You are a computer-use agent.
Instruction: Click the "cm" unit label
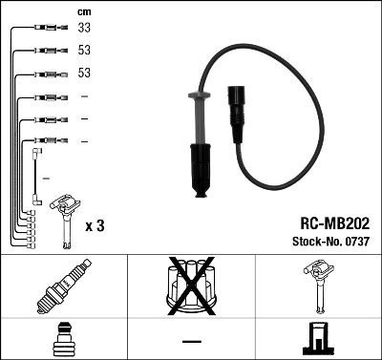(83, 11)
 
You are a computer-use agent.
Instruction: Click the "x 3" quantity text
(95, 226)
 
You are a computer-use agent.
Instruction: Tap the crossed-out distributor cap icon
(191, 286)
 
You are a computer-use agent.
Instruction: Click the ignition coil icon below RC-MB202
(317, 287)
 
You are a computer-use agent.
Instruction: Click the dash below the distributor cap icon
(191, 340)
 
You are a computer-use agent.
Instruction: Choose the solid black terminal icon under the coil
(317, 339)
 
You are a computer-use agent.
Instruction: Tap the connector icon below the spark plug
(63, 338)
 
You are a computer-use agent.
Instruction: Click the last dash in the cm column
(84, 140)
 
